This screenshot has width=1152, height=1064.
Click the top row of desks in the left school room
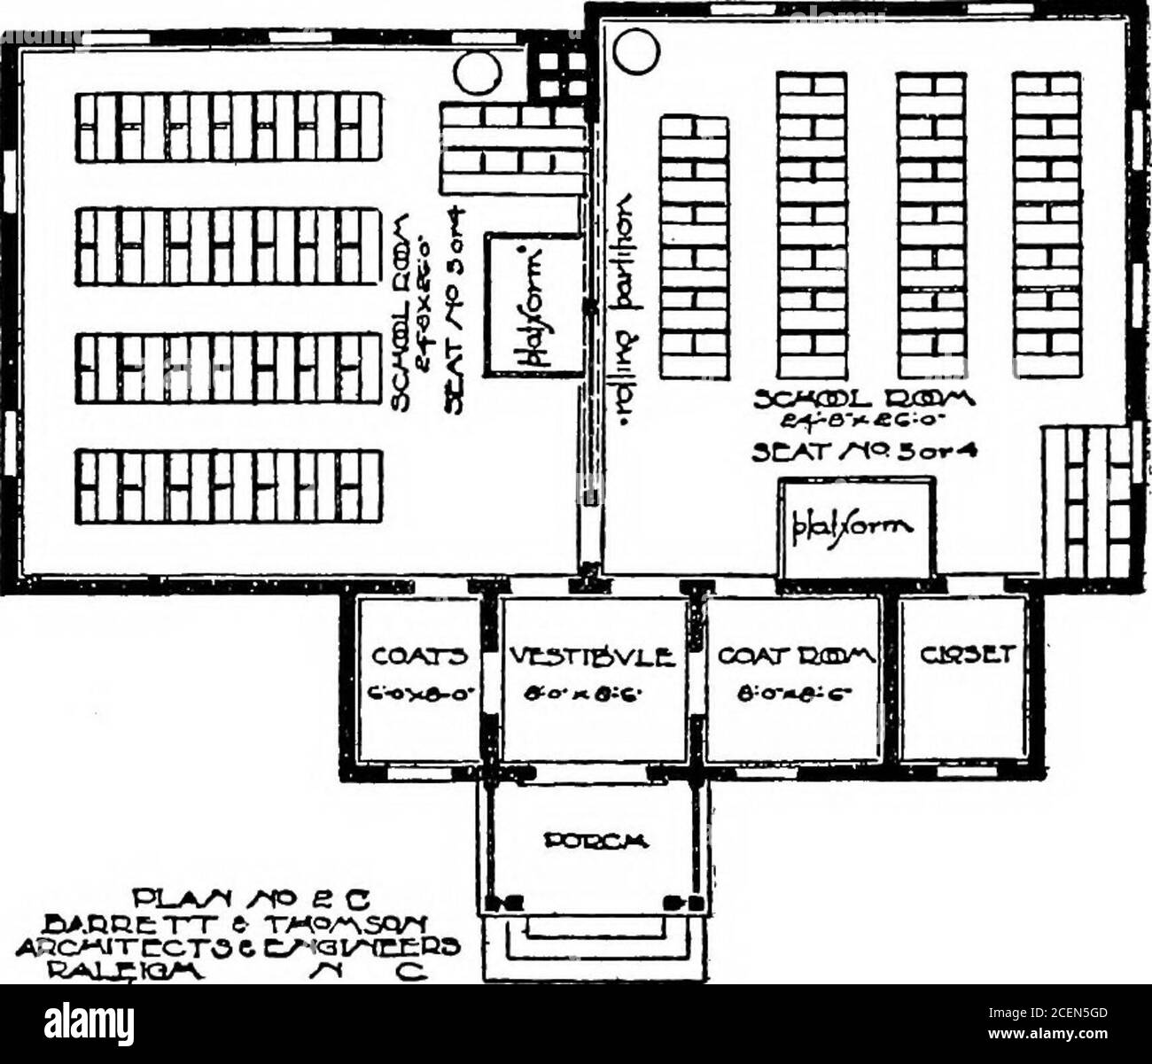click(x=228, y=128)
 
